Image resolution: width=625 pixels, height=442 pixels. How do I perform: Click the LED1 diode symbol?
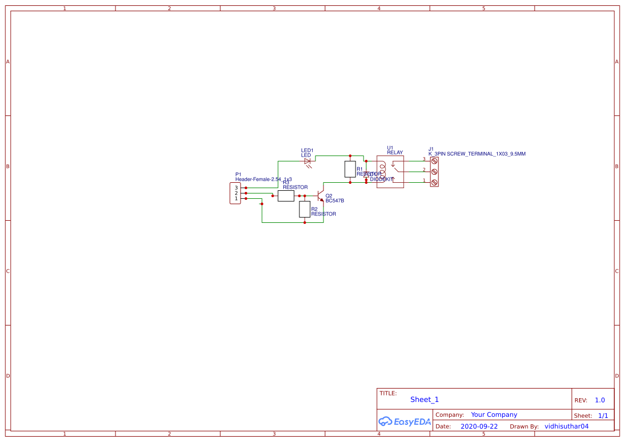pyautogui.click(x=307, y=161)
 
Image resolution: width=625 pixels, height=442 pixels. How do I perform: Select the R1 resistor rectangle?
pyautogui.click(x=350, y=169)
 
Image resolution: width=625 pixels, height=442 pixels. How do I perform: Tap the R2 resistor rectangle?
pyautogui.click(x=305, y=210)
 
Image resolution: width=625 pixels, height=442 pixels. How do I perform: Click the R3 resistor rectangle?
pyautogui.click(x=286, y=196)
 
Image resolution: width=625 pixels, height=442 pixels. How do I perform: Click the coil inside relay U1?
pyautogui.click(x=382, y=172)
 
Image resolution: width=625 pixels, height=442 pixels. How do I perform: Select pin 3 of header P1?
pyautogui.click(x=236, y=188)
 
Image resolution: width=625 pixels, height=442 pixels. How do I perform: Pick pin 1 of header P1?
pyautogui.click(x=236, y=198)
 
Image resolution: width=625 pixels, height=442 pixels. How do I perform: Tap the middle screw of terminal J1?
pyautogui.click(x=434, y=172)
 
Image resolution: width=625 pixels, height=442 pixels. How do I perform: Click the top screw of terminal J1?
pyautogui.click(x=434, y=160)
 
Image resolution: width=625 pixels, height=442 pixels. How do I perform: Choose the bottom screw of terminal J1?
pyautogui.click(x=434, y=182)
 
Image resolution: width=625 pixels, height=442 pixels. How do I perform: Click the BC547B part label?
pyautogui.click(x=335, y=201)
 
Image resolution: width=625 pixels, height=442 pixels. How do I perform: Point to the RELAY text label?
pyautogui.click(x=395, y=153)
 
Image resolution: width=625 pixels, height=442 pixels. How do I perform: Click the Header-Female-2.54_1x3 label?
pyautogui.click(x=264, y=179)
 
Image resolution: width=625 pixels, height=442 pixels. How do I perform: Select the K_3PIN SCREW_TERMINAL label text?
pyautogui.click(x=477, y=154)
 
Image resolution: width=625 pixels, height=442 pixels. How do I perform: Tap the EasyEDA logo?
pyautogui.click(x=404, y=422)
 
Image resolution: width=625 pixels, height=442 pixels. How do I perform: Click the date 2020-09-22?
pyautogui.click(x=479, y=427)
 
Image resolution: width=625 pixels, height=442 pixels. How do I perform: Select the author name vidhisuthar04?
pyautogui.click(x=566, y=427)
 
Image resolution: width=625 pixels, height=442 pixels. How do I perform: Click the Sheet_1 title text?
pyautogui.click(x=425, y=399)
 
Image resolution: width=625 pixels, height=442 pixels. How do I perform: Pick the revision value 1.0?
pyautogui.click(x=600, y=400)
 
